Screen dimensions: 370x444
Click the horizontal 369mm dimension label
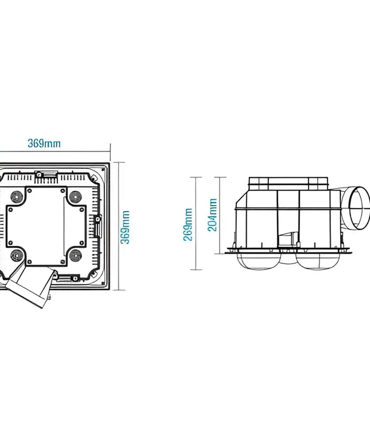[44, 143]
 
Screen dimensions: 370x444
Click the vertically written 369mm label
[125, 227]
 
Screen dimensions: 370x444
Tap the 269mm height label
[188, 224]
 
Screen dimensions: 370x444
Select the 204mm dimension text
[212, 215]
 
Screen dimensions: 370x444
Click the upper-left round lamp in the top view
[17, 197]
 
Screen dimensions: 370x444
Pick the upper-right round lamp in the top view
[76, 197]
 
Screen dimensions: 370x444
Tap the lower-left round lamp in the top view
[17, 256]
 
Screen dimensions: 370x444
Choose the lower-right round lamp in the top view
[76, 256]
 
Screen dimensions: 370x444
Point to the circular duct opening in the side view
[359, 208]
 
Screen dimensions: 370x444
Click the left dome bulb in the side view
[259, 260]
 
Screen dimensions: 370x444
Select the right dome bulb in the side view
[318, 260]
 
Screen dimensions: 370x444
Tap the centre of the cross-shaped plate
[46, 226]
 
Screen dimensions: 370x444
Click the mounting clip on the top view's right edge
[98, 226]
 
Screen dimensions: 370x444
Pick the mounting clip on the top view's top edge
[46, 174]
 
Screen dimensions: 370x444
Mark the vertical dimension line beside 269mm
[196, 223]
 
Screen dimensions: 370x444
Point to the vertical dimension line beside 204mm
[220, 216]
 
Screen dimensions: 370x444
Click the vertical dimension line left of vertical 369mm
[119, 226]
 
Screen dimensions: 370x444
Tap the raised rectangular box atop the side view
[289, 184]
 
